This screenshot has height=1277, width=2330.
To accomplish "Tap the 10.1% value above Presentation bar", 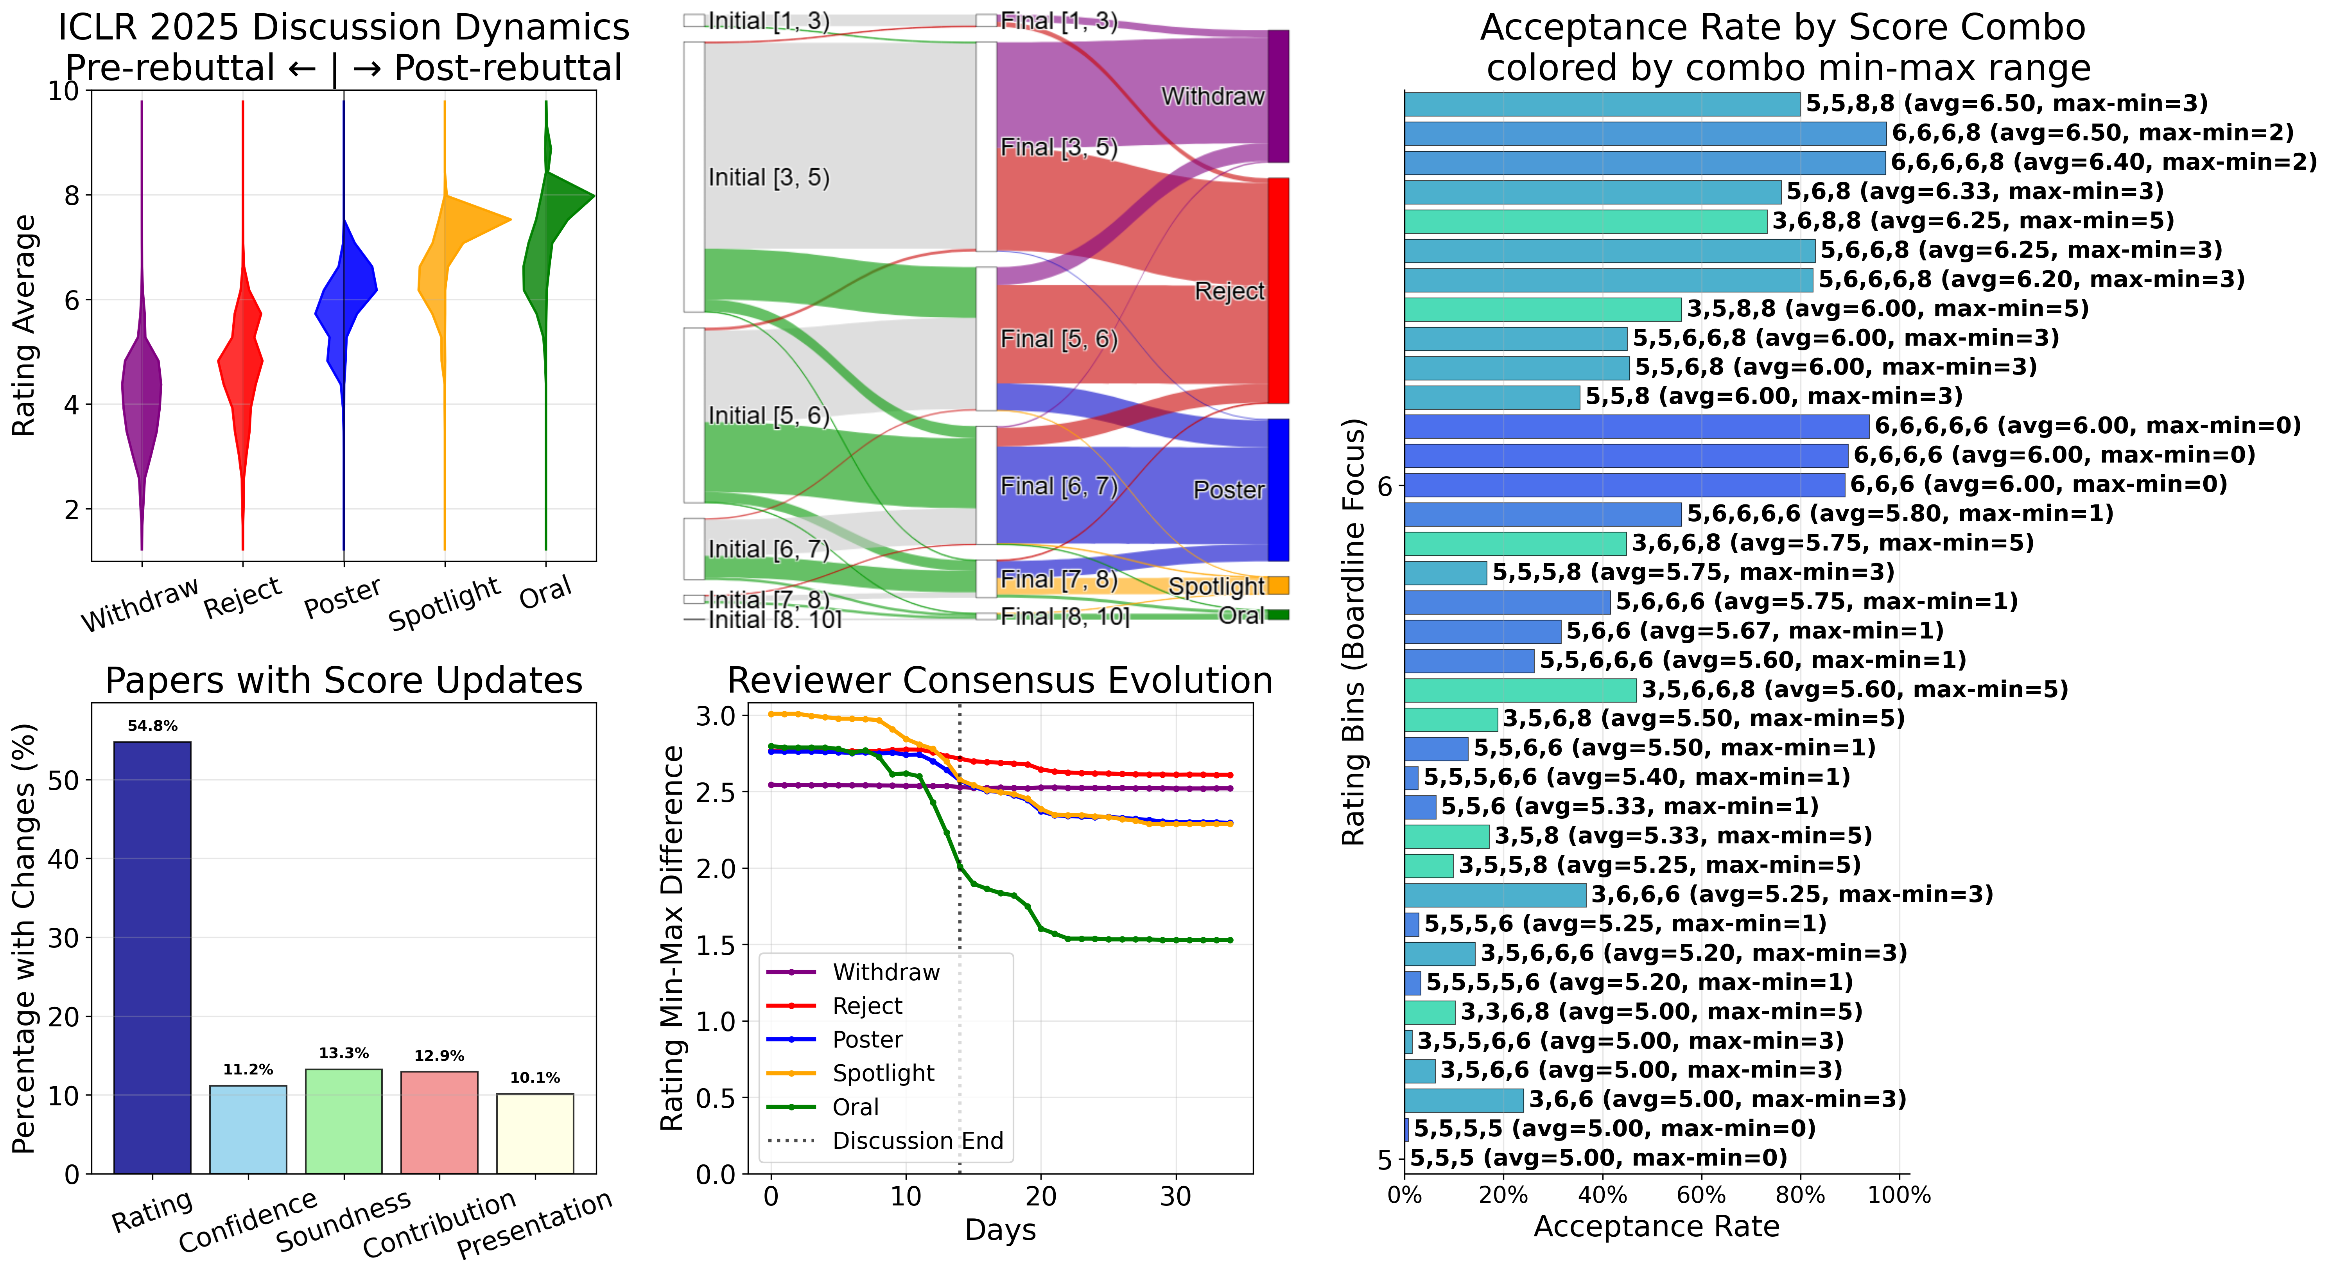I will coord(535,1077).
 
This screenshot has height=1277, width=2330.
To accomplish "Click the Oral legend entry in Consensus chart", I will coord(855,1107).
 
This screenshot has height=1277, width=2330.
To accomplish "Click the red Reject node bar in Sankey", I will coord(1278,289).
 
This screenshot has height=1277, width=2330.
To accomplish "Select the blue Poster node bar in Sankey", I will coord(1278,488).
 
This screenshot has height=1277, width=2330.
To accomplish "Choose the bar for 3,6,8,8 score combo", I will coord(1585,221).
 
